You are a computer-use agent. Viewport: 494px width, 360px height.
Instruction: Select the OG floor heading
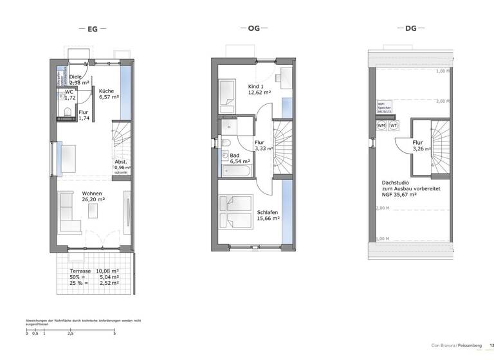click(254, 30)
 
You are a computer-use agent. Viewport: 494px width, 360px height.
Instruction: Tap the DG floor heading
click(411, 30)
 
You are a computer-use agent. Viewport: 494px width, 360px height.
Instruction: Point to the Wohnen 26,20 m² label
click(93, 196)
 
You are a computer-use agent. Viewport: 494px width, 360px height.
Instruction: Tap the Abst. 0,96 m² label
click(122, 165)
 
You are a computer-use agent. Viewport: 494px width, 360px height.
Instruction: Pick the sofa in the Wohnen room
click(68, 212)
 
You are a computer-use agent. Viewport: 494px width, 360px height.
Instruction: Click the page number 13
click(491, 345)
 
